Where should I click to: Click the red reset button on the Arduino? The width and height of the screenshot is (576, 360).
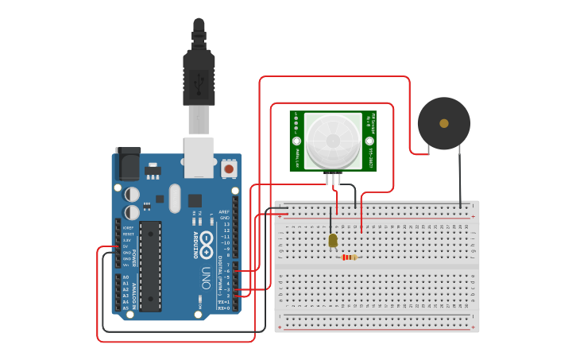pos(229,168)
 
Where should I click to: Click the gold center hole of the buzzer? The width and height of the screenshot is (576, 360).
pos(443,123)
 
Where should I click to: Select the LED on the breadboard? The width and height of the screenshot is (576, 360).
pos(333,240)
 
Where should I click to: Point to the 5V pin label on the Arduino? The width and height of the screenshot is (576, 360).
pos(126,246)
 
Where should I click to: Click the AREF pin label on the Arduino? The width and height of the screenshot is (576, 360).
pos(225,212)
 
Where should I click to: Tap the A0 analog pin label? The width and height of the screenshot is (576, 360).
pos(126,277)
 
